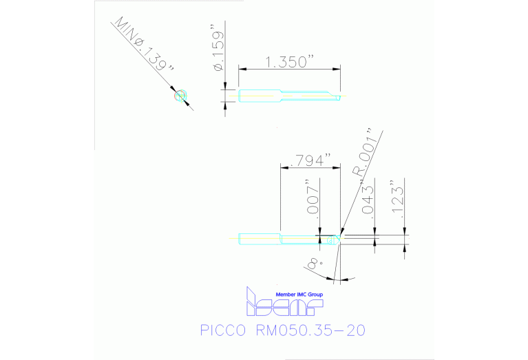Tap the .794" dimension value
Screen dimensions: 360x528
[x=310, y=160]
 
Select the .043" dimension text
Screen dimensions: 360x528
[x=368, y=200]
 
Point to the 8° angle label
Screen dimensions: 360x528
[x=313, y=264]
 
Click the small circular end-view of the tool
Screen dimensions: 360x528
[x=181, y=96]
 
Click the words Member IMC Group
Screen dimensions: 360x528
[x=299, y=294]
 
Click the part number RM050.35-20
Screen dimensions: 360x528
[x=310, y=330]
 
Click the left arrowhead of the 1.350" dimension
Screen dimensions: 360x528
[x=242, y=67]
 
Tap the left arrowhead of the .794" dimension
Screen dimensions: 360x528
[x=283, y=167]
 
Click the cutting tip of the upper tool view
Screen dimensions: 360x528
[x=339, y=96]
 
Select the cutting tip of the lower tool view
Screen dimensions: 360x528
[x=339, y=237]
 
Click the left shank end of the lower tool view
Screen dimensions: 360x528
[x=240, y=239]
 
